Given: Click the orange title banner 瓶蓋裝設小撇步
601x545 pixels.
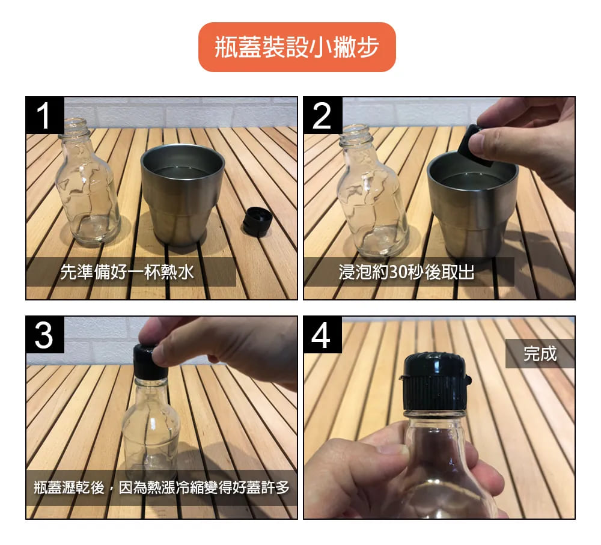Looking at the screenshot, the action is click(x=297, y=47).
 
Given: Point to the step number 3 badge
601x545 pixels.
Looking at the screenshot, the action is click(x=45, y=335).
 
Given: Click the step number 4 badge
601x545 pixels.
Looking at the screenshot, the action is click(x=322, y=335).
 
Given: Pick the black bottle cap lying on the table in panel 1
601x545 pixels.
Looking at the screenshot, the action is click(x=258, y=221).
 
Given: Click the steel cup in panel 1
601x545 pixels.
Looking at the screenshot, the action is click(x=182, y=194).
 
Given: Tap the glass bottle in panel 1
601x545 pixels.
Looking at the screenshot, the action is click(x=87, y=183).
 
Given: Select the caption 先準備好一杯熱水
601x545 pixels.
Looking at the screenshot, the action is click(x=127, y=272).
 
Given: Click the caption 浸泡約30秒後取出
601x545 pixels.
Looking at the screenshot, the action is click(x=406, y=272).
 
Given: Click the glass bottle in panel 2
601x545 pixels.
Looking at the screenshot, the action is click(x=373, y=191).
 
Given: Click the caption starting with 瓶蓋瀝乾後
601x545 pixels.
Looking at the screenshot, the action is click(x=161, y=487).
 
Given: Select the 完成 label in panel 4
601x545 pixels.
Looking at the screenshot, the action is click(x=540, y=353).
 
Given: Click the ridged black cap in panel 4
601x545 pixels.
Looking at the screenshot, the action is click(x=435, y=383).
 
